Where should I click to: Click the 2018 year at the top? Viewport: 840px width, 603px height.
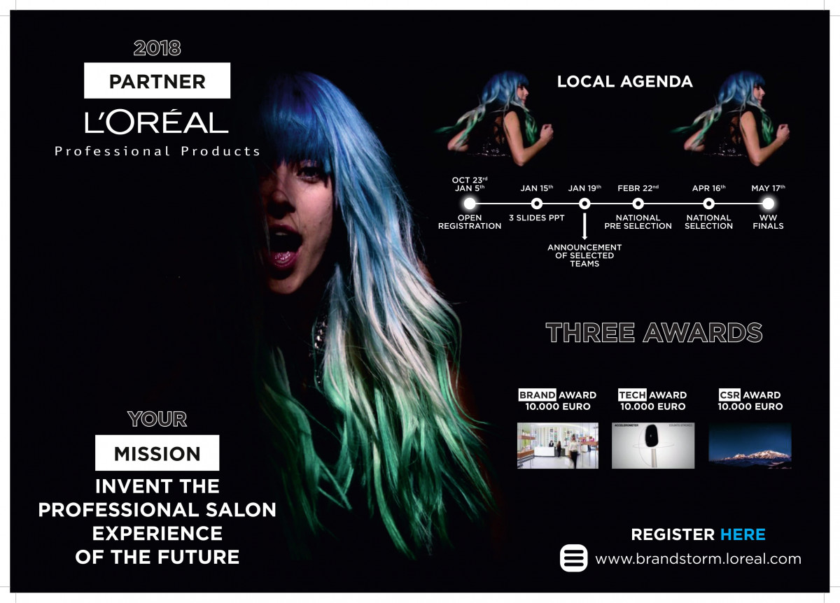pyautogui.click(x=157, y=48)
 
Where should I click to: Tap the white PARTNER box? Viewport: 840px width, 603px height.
pyautogui.click(x=157, y=80)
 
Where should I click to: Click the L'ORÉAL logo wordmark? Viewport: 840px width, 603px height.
pyautogui.click(x=156, y=122)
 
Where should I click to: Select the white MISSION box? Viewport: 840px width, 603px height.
pyautogui.click(x=157, y=453)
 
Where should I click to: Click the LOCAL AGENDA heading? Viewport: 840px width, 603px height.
pyautogui.click(x=624, y=81)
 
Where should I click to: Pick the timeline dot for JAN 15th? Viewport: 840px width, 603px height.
pyautogui.click(x=537, y=204)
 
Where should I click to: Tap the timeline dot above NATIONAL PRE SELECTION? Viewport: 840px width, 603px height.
pyautogui.click(x=638, y=204)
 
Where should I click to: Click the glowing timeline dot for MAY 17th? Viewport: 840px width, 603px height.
pyautogui.click(x=768, y=204)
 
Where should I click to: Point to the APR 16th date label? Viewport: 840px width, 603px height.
pyautogui.click(x=708, y=188)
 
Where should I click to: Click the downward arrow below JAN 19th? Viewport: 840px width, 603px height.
pyautogui.click(x=584, y=227)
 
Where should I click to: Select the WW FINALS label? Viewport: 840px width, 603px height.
pyautogui.click(x=768, y=222)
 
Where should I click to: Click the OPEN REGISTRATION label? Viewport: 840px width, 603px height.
pyautogui.click(x=470, y=222)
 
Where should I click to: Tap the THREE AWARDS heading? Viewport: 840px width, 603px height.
pyautogui.click(x=654, y=332)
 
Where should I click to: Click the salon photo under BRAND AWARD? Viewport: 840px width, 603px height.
pyautogui.click(x=558, y=446)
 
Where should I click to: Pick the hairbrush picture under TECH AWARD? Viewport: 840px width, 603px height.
pyautogui.click(x=653, y=446)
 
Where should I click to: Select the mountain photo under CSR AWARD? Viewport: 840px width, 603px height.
pyautogui.click(x=750, y=446)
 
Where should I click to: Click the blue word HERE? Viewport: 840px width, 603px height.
pyautogui.click(x=743, y=534)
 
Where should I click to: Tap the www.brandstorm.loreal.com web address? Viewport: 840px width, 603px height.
pyautogui.click(x=699, y=559)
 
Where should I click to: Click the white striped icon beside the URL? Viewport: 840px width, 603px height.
pyautogui.click(x=574, y=558)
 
